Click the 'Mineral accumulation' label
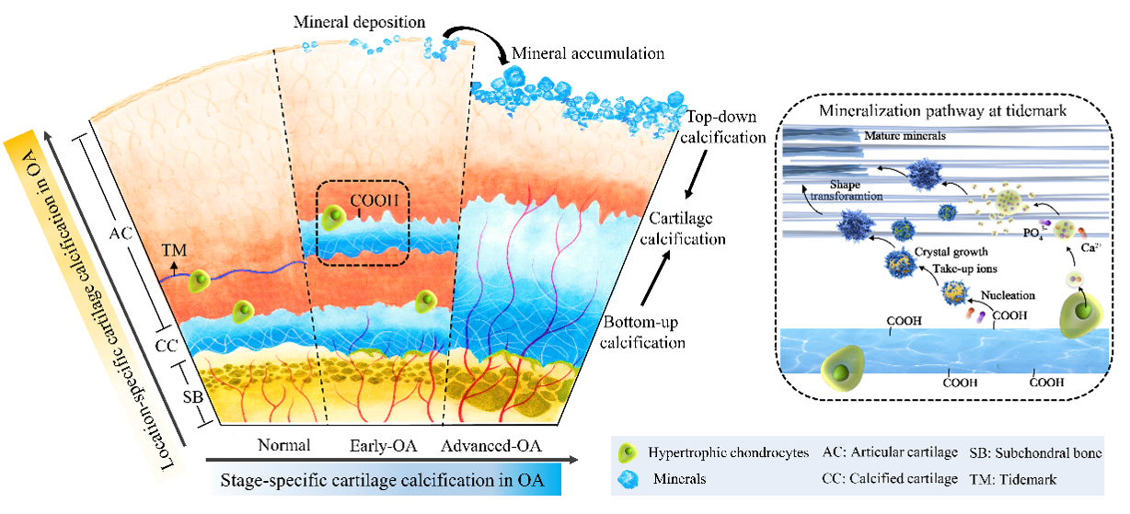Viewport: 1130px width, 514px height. (588, 53)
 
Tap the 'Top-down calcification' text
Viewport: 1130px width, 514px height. (725, 128)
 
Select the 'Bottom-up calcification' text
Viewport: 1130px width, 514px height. (644, 333)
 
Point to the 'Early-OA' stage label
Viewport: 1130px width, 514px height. (384, 446)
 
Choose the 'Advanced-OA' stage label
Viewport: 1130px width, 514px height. (491, 447)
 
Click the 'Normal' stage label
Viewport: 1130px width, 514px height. (282, 446)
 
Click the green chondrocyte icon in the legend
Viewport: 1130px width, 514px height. (629, 453)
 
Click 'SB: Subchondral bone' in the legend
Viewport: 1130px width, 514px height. (1035, 453)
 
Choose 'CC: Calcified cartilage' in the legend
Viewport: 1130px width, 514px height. (887, 479)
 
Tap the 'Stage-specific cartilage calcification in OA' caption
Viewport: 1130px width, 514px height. (382, 480)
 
